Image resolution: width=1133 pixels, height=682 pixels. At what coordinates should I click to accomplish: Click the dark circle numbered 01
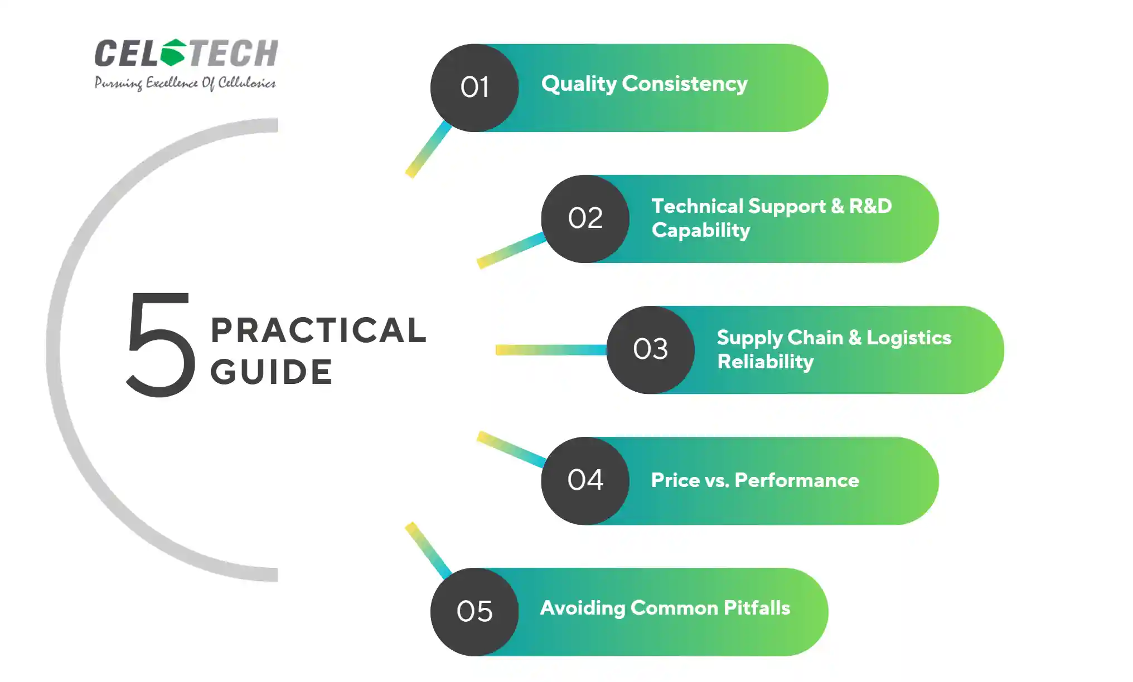tap(474, 87)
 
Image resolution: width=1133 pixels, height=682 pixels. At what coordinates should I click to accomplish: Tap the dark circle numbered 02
tap(585, 219)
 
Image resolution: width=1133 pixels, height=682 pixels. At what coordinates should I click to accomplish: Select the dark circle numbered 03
tap(651, 350)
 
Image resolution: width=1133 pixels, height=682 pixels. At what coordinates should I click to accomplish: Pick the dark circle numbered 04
tap(585, 481)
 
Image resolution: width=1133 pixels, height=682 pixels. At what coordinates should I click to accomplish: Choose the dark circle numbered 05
tap(474, 612)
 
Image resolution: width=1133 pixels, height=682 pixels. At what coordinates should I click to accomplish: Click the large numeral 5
tap(161, 344)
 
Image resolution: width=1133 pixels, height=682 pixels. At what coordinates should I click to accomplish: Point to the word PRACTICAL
tap(318, 330)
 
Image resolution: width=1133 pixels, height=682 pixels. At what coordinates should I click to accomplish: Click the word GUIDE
tap(272, 372)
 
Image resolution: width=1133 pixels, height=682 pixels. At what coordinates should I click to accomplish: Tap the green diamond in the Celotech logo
tap(173, 52)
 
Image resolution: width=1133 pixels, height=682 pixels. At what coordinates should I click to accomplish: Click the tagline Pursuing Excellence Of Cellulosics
tap(185, 83)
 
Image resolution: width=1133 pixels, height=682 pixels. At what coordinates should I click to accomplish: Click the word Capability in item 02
tap(701, 230)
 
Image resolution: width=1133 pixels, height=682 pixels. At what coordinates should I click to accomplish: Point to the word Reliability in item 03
tap(766, 362)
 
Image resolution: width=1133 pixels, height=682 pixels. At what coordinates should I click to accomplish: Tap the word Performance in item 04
tap(797, 480)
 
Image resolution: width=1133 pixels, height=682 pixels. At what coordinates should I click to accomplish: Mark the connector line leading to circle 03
tap(551, 350)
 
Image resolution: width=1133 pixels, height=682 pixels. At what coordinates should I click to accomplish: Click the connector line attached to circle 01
tap(428, 149)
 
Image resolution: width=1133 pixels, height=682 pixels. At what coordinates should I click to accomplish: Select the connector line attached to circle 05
tap(428, 551)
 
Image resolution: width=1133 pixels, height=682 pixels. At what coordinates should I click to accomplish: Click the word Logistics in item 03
tap(909, 338)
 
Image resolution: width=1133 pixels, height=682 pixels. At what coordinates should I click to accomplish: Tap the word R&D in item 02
tap(870, 206)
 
